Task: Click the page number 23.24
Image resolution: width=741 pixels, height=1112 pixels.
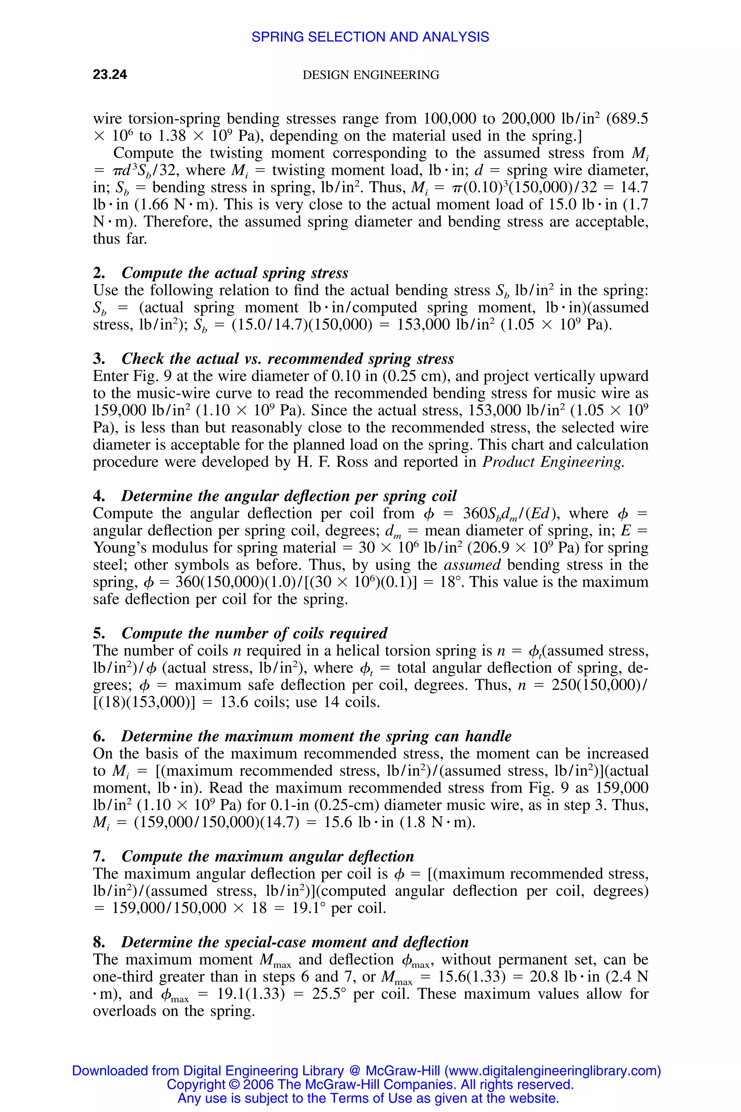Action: click(x=110, y=75)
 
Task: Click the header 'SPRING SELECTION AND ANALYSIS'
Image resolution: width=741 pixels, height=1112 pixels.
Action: click(x=370, y=37)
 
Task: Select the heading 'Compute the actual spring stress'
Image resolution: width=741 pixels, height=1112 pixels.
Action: click(x=235, y=273)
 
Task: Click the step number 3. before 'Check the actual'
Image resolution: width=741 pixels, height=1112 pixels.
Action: click(x=99, y=359)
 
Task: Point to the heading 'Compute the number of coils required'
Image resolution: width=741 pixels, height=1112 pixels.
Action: click(x=254, y=633)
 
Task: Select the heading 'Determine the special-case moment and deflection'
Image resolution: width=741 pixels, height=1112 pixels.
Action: click(x=295, y=942)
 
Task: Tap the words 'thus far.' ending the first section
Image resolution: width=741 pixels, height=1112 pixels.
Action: click(x=120, y=239)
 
